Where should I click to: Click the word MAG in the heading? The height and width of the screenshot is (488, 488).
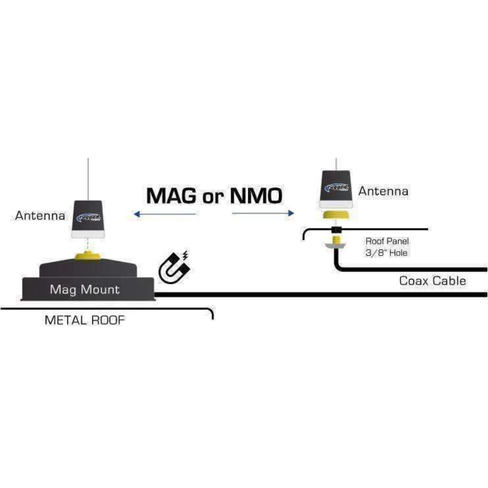click(x=172, y=196)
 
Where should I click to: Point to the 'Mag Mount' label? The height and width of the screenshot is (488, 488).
click(x=84, y=289)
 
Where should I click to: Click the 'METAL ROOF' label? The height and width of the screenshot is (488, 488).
click(x=85, y=321)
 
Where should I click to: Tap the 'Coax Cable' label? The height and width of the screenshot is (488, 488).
click(x=433, y=281)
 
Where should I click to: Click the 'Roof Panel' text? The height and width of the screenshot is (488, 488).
click(x=387, y=242)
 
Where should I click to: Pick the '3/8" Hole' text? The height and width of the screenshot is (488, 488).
click(x=387, y=253)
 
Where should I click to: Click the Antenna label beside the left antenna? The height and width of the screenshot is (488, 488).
click(x=40, y=216)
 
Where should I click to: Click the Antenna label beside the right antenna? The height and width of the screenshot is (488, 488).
click(x=383, y=191)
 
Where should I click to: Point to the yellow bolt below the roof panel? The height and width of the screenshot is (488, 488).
click(x=335, y=242)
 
